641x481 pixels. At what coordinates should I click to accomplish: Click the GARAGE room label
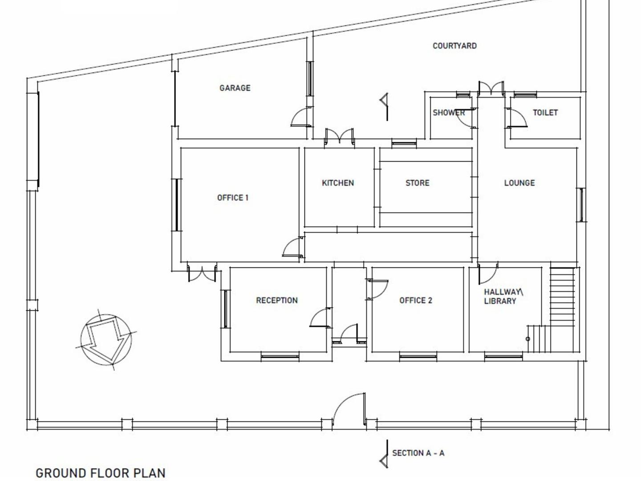click(x=235, y=88)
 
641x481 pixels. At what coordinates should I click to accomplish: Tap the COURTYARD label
click(x=454, y=46)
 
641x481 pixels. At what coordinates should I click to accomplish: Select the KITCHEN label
click(x=338, y=183)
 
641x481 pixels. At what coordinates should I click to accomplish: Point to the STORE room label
click(x=417, y=183)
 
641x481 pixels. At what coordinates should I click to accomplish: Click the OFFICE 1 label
click(x=232, y=198)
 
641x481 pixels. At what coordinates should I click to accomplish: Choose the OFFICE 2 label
click(x=415, y=301)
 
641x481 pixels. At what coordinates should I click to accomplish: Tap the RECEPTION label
click(x=276, y=301)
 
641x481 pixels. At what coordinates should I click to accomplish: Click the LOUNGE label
click(x=519, y=183)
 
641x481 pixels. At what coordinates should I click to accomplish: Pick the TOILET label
click(x=545, y=113)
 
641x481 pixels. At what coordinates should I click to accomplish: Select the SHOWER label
click(x=448, y=113)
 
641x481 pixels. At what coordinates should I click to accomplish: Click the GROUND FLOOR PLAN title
click(x=101, y=473)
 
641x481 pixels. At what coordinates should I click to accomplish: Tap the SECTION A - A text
click(x=418, y=453)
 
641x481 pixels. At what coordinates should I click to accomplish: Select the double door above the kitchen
click(x=339, y=136)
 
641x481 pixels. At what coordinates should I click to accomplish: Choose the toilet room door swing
click(x=517, y=118)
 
